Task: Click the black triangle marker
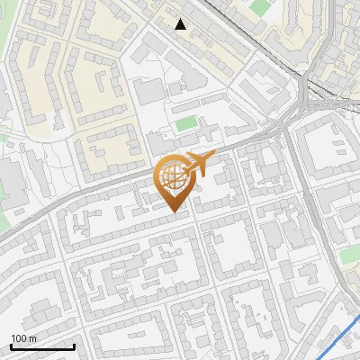(x=181, y=24)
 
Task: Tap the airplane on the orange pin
(x=196, y=165)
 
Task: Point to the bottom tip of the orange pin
(x=174, y=212)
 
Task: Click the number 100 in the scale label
(x=19, y=338)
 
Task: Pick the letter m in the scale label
(x=32, y=338)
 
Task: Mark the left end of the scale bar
(x=11, y=346)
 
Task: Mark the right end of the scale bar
(x=75, y=346)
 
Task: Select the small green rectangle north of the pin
(x=185, y=123)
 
